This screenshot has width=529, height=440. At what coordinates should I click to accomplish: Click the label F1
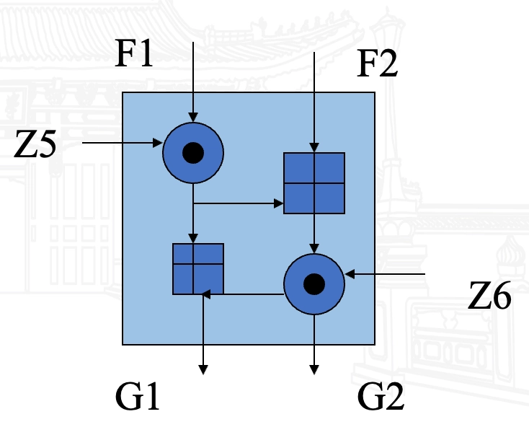coord(135,54)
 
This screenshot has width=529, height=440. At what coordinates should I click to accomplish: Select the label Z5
coord(36,146)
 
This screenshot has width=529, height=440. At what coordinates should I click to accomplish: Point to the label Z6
coord(490,296)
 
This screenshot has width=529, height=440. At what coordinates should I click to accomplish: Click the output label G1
coord(137,397)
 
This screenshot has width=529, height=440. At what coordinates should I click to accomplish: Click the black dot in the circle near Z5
coord(192,152)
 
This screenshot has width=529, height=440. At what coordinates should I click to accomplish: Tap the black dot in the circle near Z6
coord(313,284)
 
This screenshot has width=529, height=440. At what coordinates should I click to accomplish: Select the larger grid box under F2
coord(313,183)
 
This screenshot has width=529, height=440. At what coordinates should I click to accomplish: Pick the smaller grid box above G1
coord(197,268)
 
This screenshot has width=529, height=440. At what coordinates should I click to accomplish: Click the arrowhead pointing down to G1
coord(203,369)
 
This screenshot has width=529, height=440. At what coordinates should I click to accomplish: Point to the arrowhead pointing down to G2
coord(314,369)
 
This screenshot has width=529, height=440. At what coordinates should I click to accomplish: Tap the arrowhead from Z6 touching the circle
coord(350,274)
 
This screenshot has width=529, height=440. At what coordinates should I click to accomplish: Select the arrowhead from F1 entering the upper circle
coord(192,117)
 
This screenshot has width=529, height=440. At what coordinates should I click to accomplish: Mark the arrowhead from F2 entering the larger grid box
coord(313,148)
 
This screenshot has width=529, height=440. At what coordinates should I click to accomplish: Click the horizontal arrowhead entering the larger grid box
coord(279,204)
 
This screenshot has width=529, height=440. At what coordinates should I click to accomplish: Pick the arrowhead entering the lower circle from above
coord(313,249)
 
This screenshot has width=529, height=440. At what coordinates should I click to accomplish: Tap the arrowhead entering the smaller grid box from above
coord(192,239)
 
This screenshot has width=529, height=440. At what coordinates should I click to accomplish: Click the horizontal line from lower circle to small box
coord(245,294)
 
